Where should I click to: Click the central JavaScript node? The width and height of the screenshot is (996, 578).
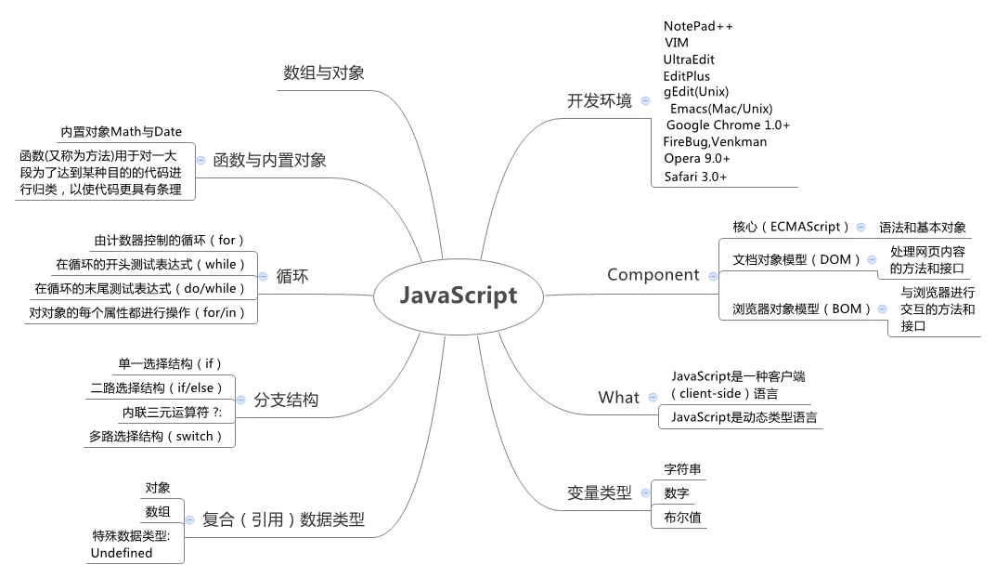coord(459,296)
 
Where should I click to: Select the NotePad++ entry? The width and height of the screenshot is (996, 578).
coord(698,26)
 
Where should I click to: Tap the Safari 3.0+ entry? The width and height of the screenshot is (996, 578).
coord(695,177)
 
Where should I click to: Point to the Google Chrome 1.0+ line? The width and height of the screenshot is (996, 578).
coord(728,125)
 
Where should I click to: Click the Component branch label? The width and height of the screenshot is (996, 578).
coord(653,275)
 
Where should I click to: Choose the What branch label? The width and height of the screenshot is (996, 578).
coord(619,398)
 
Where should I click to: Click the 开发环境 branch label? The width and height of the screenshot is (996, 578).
coord(600,100)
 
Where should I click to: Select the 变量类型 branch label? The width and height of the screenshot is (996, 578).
coord(600,493)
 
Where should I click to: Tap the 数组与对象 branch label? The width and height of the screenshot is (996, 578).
coord(324,72)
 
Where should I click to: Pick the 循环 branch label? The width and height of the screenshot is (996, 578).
coord(292,276)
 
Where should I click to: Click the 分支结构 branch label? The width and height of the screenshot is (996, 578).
coord(286,400)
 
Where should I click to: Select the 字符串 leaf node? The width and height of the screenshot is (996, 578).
coord(683,469)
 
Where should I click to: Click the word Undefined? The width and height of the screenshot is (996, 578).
coord(122,553)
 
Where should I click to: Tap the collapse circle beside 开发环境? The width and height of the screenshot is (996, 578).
coord(645,100)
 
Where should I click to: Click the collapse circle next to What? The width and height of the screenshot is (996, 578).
coord(653,398)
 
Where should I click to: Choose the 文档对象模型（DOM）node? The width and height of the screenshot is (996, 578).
coord(797,259)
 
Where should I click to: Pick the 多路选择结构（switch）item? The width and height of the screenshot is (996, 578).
coord(157,436)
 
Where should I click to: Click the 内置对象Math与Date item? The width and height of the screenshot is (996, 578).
coord(122,132)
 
